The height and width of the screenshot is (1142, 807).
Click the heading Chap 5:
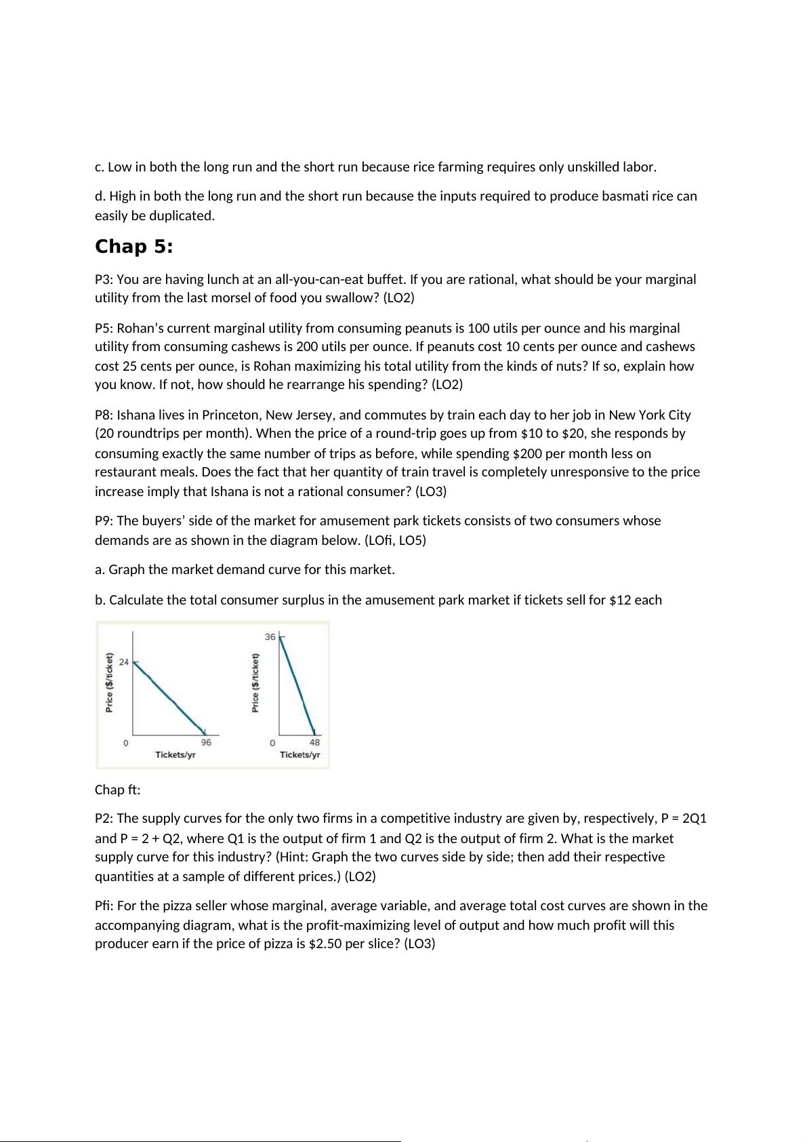point(133,247)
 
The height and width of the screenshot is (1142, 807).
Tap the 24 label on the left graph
point(124,662)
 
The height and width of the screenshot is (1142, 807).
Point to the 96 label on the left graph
point(206,743)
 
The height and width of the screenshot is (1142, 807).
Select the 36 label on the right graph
point(270,637)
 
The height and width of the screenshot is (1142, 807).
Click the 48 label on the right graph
point(314,743)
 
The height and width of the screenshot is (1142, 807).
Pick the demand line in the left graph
point(169,697)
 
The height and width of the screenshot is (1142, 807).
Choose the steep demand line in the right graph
point(297,685)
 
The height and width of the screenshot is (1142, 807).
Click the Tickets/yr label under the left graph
point(175,755)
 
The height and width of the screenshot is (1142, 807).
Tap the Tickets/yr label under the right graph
point(299,755)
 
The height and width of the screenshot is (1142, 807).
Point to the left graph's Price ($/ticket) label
point(109,682)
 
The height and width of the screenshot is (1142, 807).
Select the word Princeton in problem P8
point(231,415)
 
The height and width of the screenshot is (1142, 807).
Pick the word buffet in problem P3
point(385,280)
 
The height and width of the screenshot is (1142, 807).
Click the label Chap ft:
point(117,790)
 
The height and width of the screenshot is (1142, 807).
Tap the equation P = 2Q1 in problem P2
point(684,819)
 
